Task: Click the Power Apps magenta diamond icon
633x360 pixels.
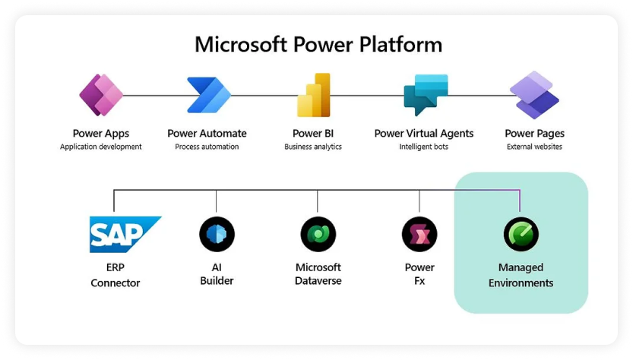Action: [x=101, y=95]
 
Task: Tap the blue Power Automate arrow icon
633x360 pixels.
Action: [x=209, y=95]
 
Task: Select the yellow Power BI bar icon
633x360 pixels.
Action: [x=314, y=95]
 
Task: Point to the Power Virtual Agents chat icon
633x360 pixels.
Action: [x=426, y=94]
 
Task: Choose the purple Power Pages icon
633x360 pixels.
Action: [x=534, y=95]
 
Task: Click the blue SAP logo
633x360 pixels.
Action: [x=125, y=235]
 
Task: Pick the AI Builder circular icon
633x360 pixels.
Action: [x=217, y=235]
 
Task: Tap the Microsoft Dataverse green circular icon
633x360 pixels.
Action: [x=318, y=235]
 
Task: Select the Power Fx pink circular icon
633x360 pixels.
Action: [x=419, y=235]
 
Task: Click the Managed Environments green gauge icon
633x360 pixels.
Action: [x=521, y=235]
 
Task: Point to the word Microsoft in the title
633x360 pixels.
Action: [x=241, y=44]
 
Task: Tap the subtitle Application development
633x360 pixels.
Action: [x=101, y=147]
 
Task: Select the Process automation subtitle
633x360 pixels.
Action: [x=207, y=147]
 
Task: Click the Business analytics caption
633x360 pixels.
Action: [x=313, y=147]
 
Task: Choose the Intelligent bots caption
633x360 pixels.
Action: [x=423, y=147]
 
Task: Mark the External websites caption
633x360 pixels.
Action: [x=534, y=147]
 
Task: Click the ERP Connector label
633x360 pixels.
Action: [x=115, y=275]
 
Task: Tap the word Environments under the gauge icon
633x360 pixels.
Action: [x=521, y=283]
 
